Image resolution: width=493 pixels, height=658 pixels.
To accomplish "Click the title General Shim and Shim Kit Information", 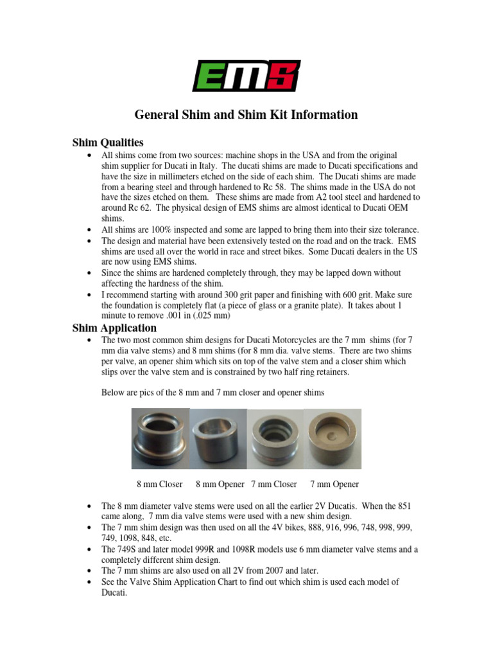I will click(246, 116).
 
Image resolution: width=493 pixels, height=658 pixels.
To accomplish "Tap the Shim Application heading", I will click(114, 328).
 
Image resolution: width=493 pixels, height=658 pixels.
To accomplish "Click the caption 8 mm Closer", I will click(160, 484).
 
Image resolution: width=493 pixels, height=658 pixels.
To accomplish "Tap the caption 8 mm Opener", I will click(220, 484).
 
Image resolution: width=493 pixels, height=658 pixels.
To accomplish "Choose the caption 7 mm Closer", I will click(274, 484).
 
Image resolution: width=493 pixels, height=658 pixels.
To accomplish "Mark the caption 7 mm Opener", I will click(334, 484).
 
